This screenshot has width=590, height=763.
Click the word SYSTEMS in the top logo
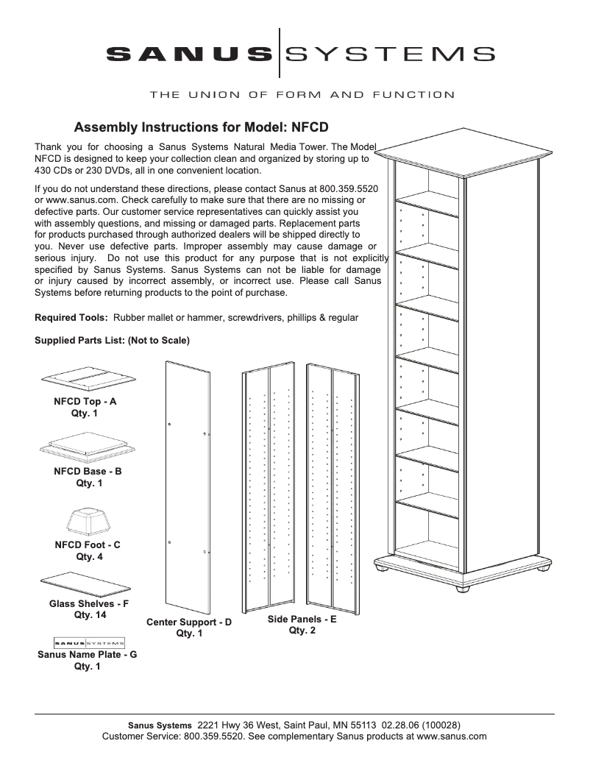[389, 54]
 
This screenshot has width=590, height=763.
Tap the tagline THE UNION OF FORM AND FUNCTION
[302, 95]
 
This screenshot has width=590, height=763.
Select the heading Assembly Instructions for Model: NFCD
[202, 126]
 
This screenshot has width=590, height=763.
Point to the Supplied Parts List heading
[112, 341]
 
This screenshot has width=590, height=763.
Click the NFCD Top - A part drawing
[88, 379]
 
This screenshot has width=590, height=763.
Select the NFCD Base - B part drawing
[88, 447]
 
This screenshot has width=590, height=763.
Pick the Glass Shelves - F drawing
[88, 584]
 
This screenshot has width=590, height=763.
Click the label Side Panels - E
[302, 620]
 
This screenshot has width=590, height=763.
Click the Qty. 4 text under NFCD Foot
[89, 557]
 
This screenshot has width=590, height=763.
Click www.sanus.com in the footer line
[450, 736]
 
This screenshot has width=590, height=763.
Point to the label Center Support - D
[189, 622]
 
